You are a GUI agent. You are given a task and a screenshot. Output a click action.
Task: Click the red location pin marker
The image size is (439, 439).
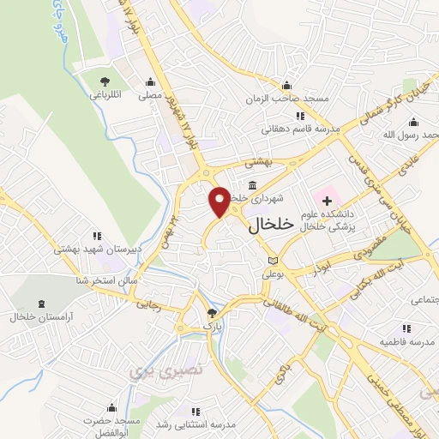pyautogui.click(x=219, y=201)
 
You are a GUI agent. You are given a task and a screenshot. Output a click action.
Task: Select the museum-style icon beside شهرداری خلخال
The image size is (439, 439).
pyautogui.click(x=252, y=185)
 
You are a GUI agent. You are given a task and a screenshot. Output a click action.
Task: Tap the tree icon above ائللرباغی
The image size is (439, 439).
pyautogui.click(x=105, y=81)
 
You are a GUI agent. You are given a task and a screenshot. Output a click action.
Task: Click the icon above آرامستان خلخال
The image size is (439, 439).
pyautogui.click(x=43, y=304)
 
